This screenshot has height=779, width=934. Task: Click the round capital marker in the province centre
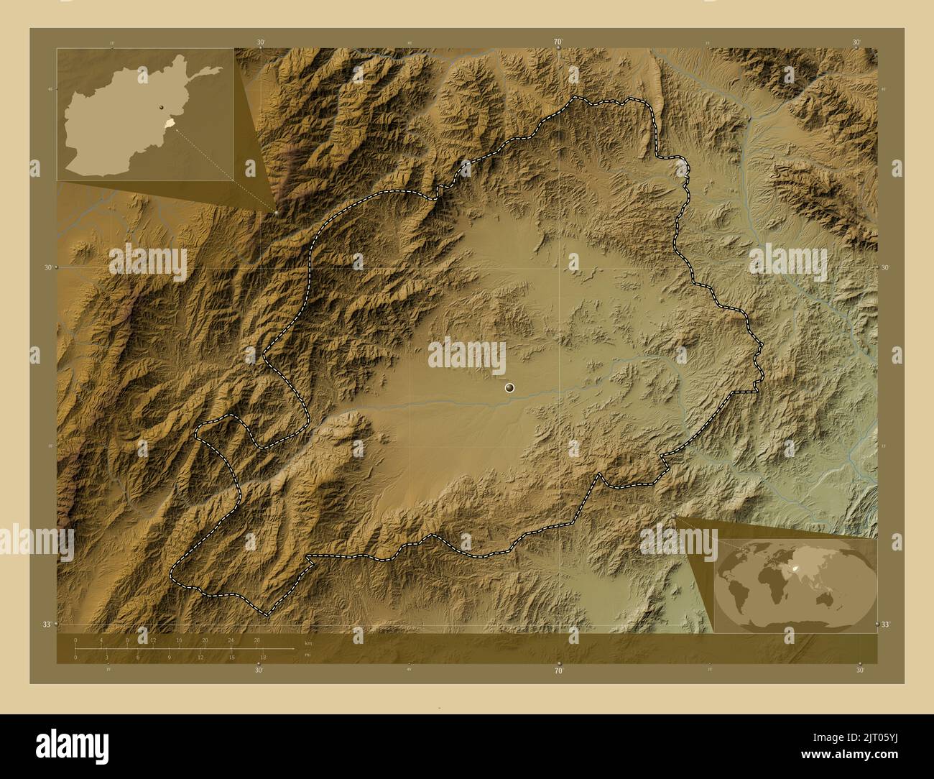coord(509,388)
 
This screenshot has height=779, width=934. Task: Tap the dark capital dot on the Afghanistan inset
coord(163,108)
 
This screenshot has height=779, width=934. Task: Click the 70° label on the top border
coord(558,42)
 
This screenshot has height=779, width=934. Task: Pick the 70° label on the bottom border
coord(558,670)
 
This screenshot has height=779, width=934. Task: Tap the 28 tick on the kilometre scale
coord(256,640)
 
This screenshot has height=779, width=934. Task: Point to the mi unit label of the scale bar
coord(308,655)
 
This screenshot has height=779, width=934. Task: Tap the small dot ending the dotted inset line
coord(276,213)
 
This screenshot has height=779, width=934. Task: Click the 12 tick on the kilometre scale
coord(153,640)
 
